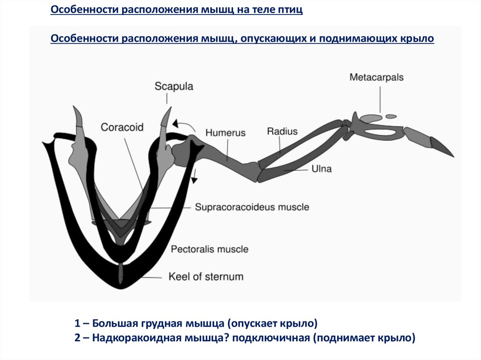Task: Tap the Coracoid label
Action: (x=122, y=127)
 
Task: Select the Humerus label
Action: (x=225, y=133)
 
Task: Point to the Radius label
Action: (x=282, y=131)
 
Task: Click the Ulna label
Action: (x=321, y=169)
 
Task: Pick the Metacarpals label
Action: (x=376, y=77)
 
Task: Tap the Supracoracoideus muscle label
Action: (x=252, y=207)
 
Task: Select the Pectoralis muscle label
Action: (x=209, y=249)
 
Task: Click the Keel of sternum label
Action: (x=206, y=276)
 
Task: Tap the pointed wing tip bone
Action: (x=442, y=147)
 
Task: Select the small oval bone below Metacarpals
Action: (x=391, y=116)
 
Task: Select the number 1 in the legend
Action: (x=77, y=323)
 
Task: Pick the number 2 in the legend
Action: (x=77, y=337)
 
